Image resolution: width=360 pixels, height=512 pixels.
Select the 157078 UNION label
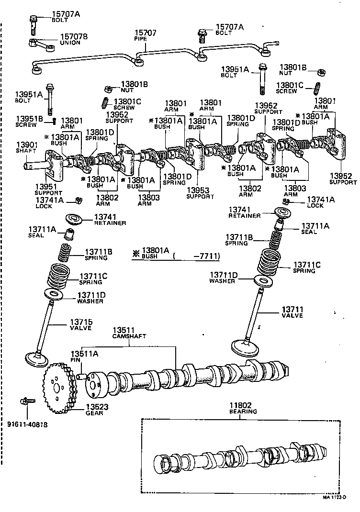tap(73, 40)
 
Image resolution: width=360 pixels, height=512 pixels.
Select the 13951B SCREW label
tap(30, 122)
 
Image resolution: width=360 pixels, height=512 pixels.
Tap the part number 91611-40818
tap(28, 424)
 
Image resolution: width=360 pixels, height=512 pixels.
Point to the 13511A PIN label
tap(84, 356)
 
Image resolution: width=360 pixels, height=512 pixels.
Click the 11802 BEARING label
tap(243, 408)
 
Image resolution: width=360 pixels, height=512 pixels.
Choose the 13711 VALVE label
tap(292, 312)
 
